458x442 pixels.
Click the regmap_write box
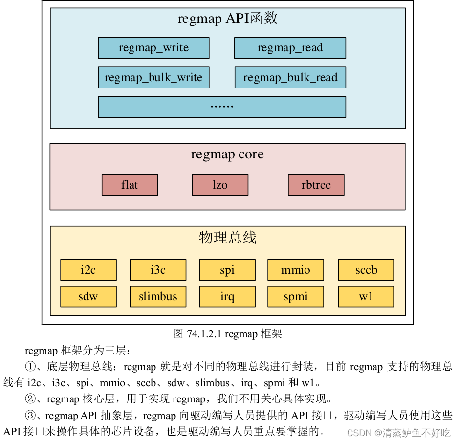pos(153,48)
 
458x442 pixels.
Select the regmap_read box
pos(290,48)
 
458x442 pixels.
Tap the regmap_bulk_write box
pos(153,77)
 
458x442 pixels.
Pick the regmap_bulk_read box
pos(290,77)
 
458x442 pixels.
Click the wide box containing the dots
pos(221,107)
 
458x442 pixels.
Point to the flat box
pos(130,185)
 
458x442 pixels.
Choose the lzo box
pos(220,185)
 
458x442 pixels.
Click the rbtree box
pos(316,185)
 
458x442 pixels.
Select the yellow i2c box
pos(88,270)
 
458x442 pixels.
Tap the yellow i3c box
pos(158,270)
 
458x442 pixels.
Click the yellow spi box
pos(227,270)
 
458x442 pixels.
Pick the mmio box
pos(296,270)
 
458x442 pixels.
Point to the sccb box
pos(366,270)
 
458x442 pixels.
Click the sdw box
pos(88,296)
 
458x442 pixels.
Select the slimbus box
pos(158,296)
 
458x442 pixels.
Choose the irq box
pos(227,296)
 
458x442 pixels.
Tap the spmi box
pos(296,296)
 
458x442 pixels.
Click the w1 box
pos(366,296)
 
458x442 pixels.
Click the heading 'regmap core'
pos(227,155)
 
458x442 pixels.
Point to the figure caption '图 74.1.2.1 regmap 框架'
pos(227,334)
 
